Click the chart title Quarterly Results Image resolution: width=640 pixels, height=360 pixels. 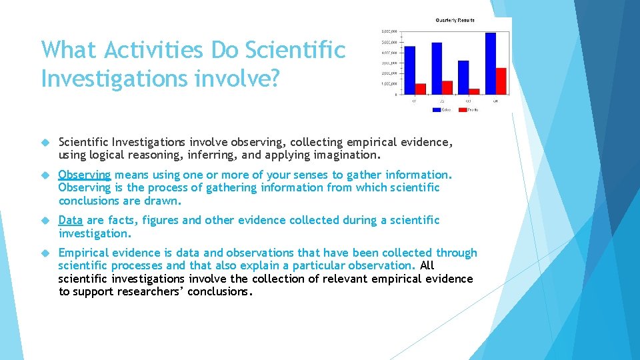point(455,21)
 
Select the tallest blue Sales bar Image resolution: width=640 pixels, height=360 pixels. point(491,63)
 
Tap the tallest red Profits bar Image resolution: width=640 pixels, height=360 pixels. point(501,81)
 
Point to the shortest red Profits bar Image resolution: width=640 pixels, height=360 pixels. point(474,91)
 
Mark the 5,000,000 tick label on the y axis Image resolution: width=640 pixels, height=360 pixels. point(389,41)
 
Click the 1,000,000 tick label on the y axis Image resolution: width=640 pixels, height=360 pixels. point(389,83)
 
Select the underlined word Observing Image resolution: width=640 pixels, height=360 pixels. point(84,175)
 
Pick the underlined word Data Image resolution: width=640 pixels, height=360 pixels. point(71,220)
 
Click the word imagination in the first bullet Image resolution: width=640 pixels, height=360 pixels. point(348,155)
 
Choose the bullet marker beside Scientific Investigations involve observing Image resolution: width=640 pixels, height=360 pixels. point(45,142)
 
